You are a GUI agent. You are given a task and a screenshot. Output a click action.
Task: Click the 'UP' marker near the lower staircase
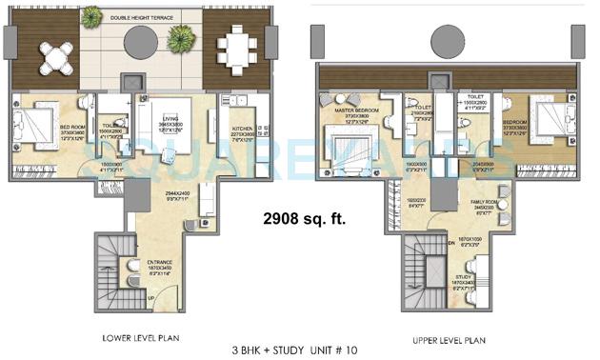coord(149,301)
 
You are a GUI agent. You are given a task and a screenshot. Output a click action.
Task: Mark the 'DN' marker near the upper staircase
coord(424,242)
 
